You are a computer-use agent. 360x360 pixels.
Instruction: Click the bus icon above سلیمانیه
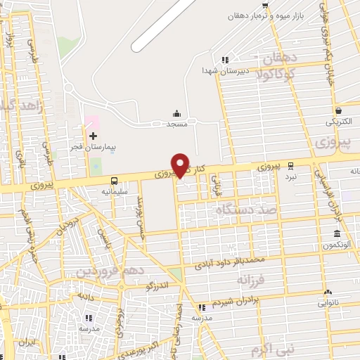click(x=113, y=181)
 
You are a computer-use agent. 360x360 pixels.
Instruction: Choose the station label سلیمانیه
click(x=115, y=191)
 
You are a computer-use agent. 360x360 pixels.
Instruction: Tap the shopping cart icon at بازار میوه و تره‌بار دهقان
click(x=264, y=6)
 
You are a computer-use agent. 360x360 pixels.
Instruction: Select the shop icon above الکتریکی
click(x=339, y=110)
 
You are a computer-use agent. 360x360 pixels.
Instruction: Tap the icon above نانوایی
click(x=328, y=292)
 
